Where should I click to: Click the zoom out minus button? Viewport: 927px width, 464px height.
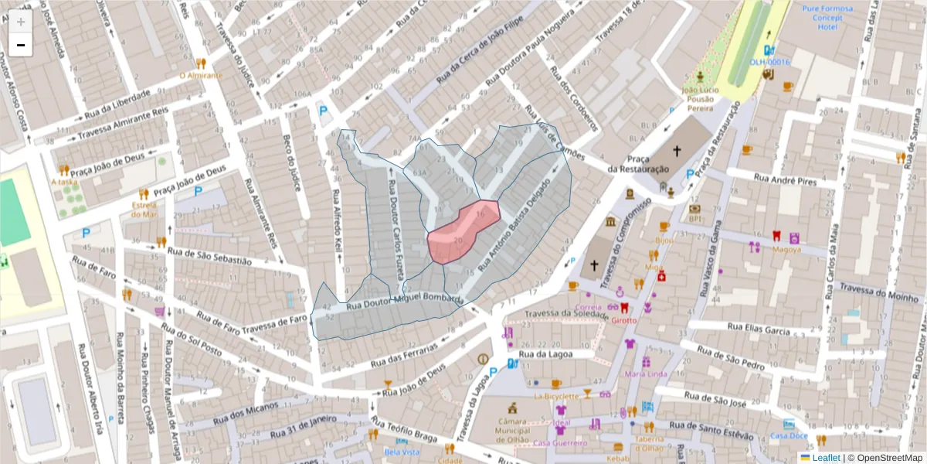(x=21, y=46)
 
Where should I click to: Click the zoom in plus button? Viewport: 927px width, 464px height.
(x=21, y=22)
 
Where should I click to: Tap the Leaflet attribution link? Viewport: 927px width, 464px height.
(x=825, y=458)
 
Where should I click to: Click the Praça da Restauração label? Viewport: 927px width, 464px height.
(x=638, y=164)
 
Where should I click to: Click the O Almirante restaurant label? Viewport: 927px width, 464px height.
(x=201, y=76)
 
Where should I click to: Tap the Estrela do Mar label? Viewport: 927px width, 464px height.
(x=144, y=209)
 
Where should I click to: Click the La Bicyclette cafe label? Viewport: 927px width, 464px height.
(x=555, y=397)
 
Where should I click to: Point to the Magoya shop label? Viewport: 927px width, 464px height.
(x=786, y=249)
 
